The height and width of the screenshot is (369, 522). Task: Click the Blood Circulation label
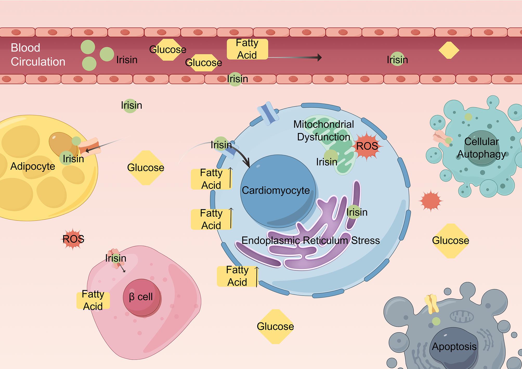click(x=38, y=55)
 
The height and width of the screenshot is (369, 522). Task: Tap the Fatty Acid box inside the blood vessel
click(x=247, y=49)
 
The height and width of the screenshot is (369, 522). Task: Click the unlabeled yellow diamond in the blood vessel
click(x=449, y=50)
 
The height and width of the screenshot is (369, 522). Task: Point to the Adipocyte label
click(x=33, y=166)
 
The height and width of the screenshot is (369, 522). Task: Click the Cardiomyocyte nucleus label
click(x=276, y=190)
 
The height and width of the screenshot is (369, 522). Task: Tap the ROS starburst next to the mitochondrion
click(x=367, y=146)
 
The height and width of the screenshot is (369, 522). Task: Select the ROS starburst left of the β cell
click(x=73, y=239)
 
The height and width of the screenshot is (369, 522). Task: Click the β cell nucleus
click(x=142, y=297)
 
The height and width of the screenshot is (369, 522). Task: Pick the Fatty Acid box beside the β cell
click(x=93, y=300)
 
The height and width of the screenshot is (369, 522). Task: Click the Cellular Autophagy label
click(x=481, y=148)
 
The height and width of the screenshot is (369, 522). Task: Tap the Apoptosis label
click(x=454, y=346)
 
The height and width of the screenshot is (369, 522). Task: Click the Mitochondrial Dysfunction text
click(x=324, y=131)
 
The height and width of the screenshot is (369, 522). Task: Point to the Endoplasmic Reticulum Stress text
click(x=311, y=240)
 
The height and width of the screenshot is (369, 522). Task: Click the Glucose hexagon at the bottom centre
click(x=275, y=326)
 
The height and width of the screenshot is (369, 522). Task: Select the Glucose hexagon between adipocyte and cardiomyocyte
click(x=146, y=168)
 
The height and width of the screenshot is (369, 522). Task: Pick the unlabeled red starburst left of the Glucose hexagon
click(x=430, y=200)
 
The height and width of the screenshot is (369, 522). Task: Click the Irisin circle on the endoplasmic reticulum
click(x=354, y=212)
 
